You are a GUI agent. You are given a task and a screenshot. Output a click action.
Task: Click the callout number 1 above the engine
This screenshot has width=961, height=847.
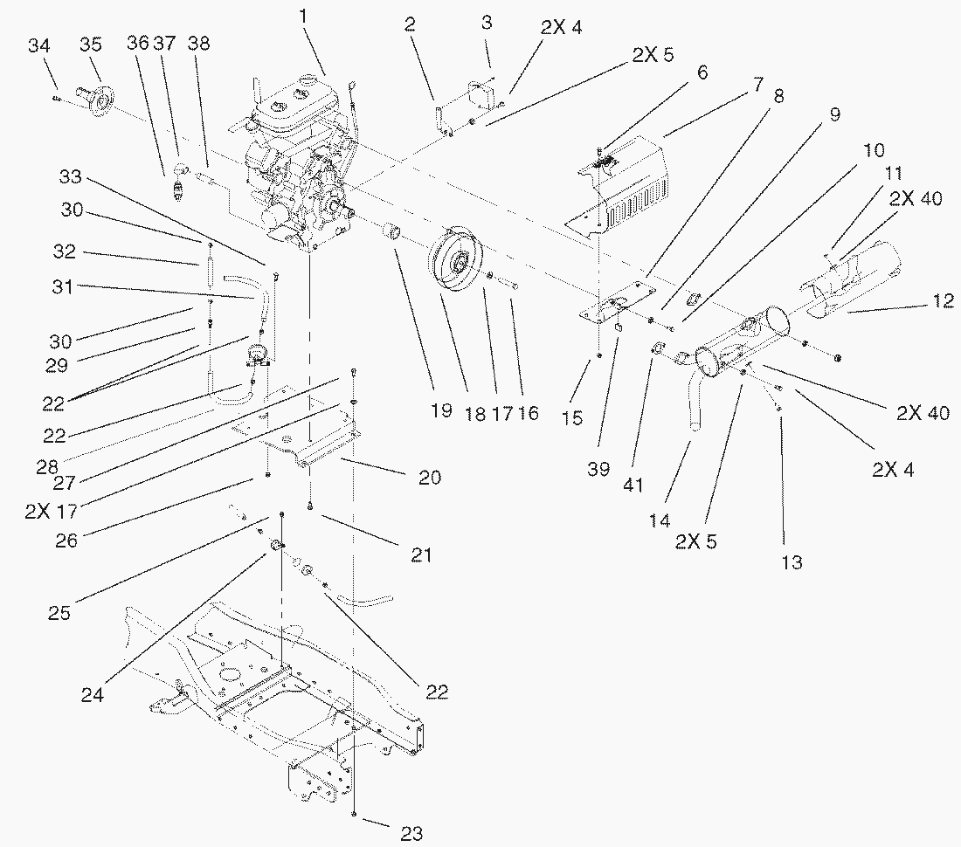[302, 15]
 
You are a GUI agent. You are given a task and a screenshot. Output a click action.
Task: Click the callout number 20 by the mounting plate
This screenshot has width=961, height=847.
[429, 478]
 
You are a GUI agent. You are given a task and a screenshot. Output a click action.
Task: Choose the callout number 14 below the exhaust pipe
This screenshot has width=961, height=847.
[660, 520]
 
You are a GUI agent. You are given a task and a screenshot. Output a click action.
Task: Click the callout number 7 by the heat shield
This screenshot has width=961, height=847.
[757, 85]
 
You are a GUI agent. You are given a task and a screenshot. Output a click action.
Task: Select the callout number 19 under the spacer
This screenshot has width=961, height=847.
[441, 411]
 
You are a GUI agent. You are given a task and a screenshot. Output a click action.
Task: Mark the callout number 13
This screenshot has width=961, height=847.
[792, 562]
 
